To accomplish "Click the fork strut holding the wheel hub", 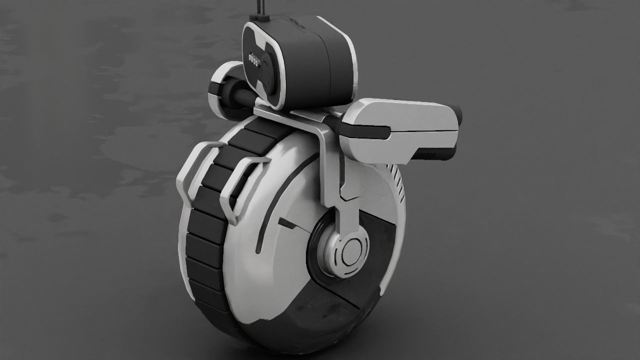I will [345, 210].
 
